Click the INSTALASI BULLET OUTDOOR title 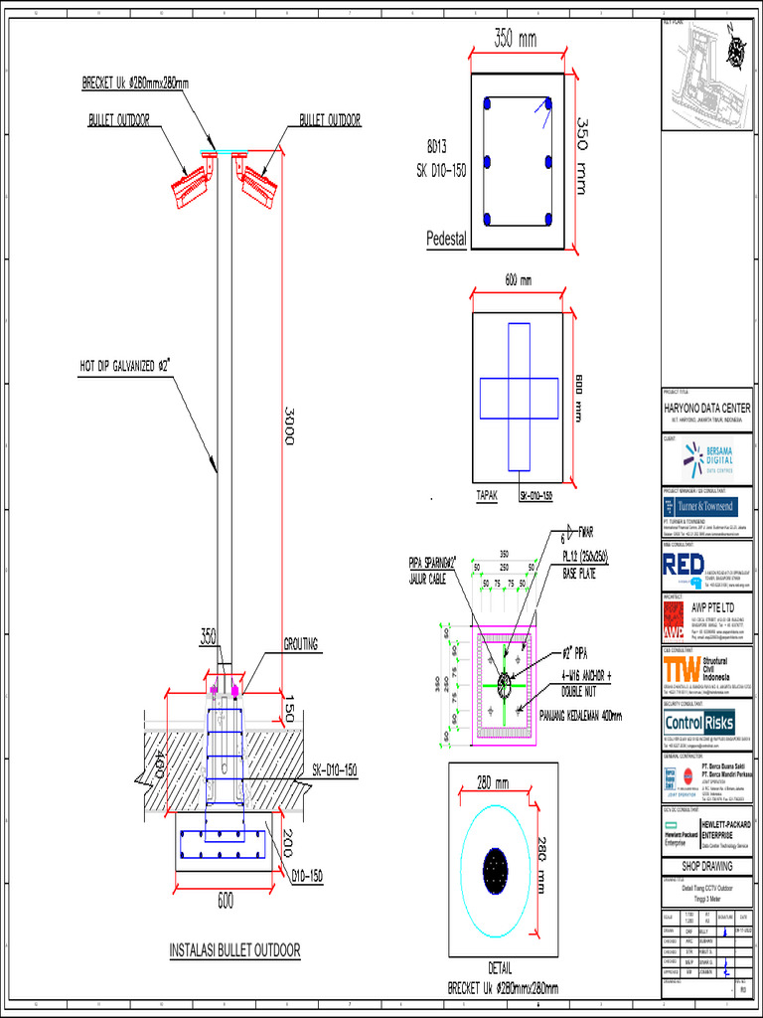(x=234, y=950)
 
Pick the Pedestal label (x=446, y=240)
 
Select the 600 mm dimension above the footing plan (x=518, y=280)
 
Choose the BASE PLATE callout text (x=582, y=574)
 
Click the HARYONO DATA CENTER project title (x=707, y=409)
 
